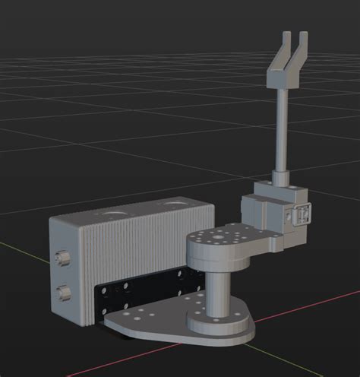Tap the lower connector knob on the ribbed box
62,292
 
